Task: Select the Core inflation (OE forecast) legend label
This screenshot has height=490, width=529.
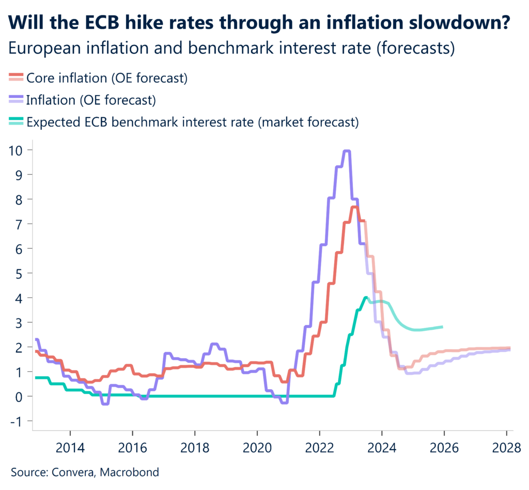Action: [x=106, y=78]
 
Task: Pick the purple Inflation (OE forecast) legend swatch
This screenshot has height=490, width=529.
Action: [x=16, y=99]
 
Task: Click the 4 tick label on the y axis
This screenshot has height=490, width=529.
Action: [x=22, y=298]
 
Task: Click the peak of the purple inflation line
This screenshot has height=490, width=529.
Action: [x=347, y=151]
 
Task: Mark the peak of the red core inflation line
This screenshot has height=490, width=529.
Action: [x=354, y=207]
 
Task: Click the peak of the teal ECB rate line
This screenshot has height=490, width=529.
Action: [x=366, y=297]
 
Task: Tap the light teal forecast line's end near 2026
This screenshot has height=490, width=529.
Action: [x=442, y=327]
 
